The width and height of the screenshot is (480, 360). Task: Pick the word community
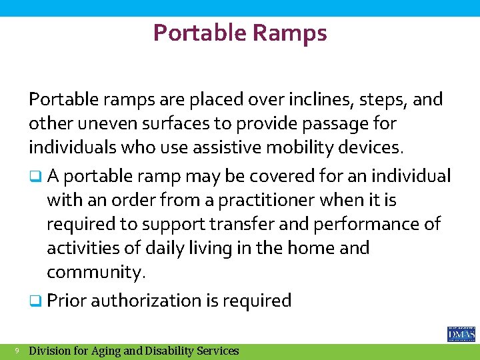95,273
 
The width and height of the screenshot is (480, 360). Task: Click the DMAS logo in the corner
461,333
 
